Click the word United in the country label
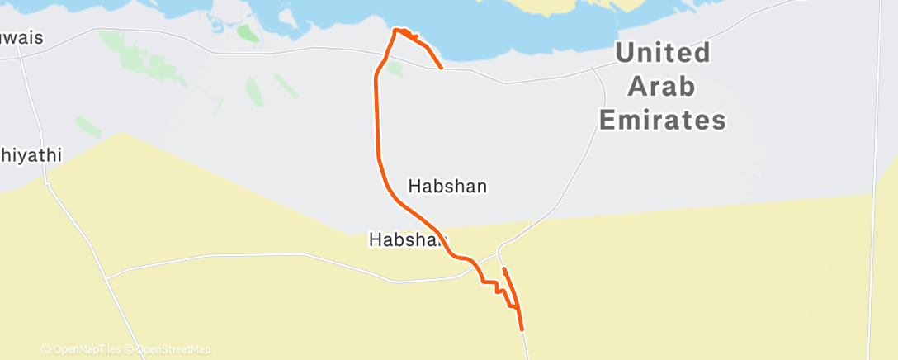[663, 54]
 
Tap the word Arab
[662, 87]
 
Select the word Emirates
[662, 121]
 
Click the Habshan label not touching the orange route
[448, 187]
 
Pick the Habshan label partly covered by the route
[406, 240]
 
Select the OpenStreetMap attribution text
[173, 350]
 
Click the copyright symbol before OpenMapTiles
[45, 350]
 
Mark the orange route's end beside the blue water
[442, 67]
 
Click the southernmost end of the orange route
[522, 329]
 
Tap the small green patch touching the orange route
[395, 69]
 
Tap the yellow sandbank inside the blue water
[561, 7]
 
